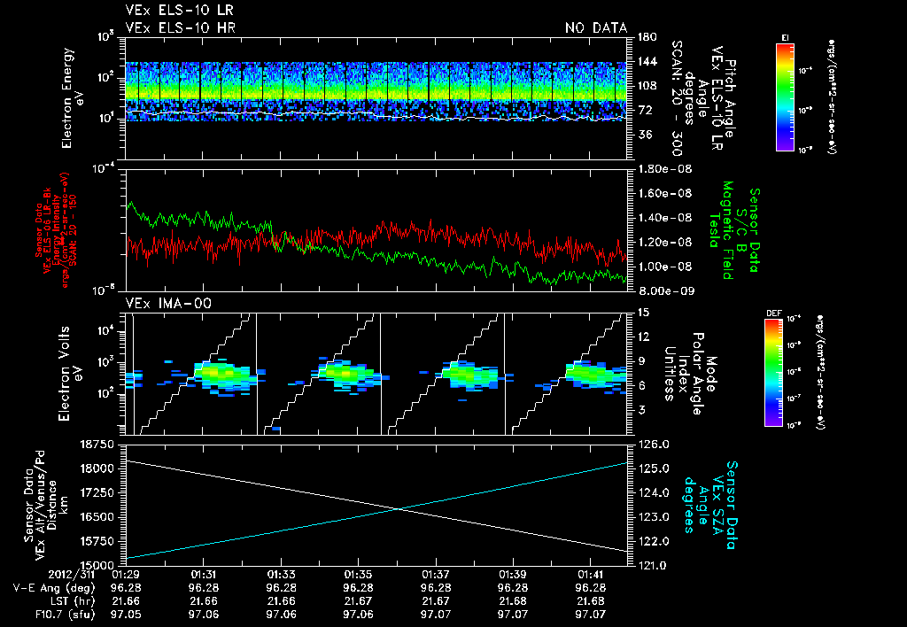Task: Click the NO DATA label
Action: click(x=596, y=28)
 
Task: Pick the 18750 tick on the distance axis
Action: click(x=102, y=444)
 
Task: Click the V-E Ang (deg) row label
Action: click(x=50, y=587)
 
